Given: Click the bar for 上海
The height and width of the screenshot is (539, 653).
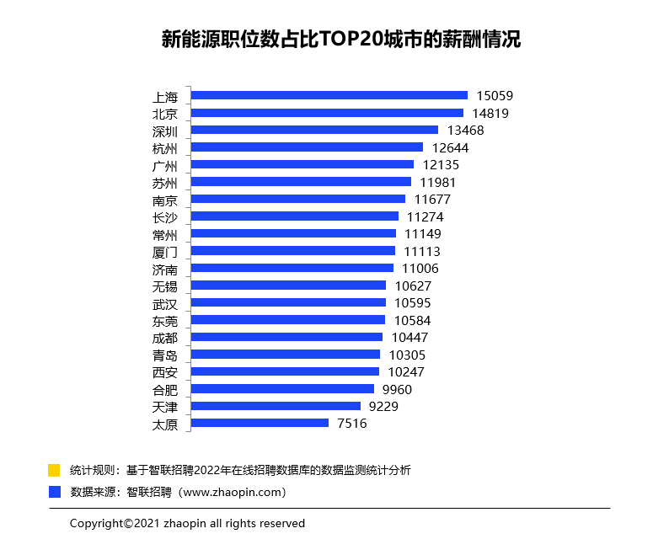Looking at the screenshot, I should coord(329,95).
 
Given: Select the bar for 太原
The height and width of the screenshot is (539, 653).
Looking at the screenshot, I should coord(260,423).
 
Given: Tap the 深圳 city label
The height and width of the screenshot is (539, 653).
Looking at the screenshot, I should coord(165,131).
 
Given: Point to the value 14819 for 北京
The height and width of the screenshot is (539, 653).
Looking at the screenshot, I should coord(490,113).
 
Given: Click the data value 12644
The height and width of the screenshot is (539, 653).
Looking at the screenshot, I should coord(450,147).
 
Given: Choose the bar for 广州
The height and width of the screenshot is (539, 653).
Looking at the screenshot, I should coord(302,164).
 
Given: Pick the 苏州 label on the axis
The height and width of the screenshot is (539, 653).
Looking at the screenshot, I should coord(165,182).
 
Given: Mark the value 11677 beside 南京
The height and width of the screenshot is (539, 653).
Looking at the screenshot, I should coord(432,200).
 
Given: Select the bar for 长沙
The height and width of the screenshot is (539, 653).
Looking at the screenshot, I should coord(295,216).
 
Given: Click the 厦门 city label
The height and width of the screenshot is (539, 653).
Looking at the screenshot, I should coord(165,251).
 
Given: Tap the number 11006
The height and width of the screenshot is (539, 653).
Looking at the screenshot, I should coord(420,269).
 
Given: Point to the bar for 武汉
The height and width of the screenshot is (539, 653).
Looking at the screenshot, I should coord(288,302).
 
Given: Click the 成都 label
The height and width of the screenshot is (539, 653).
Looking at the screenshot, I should coord(165,338).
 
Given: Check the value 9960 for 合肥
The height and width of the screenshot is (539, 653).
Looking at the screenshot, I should coord(397,389).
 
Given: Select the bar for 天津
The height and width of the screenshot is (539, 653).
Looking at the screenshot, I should coord(276,406).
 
